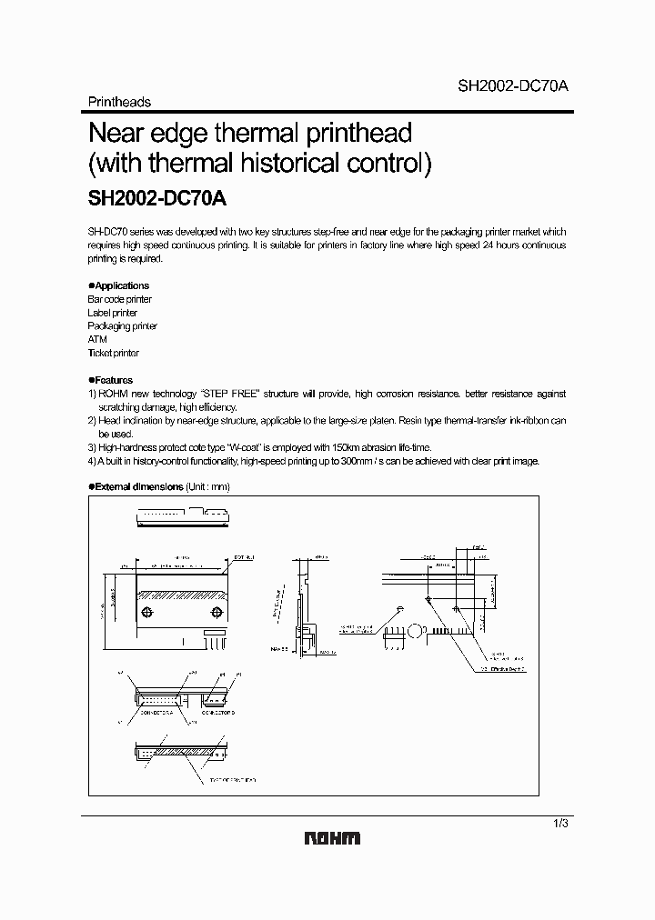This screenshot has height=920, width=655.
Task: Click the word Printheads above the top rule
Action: [119, 102]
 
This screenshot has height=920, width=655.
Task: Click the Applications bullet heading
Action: [120, 285]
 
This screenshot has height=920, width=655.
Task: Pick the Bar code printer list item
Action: [119, 299]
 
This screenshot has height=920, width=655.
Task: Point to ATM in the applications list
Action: [97, 339]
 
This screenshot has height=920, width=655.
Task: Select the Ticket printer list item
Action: [114, 353]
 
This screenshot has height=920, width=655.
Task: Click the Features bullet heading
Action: [113, 380]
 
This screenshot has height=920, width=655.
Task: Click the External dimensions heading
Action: [139, 487]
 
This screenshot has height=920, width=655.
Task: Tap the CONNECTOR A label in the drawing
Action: [159, 714]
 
